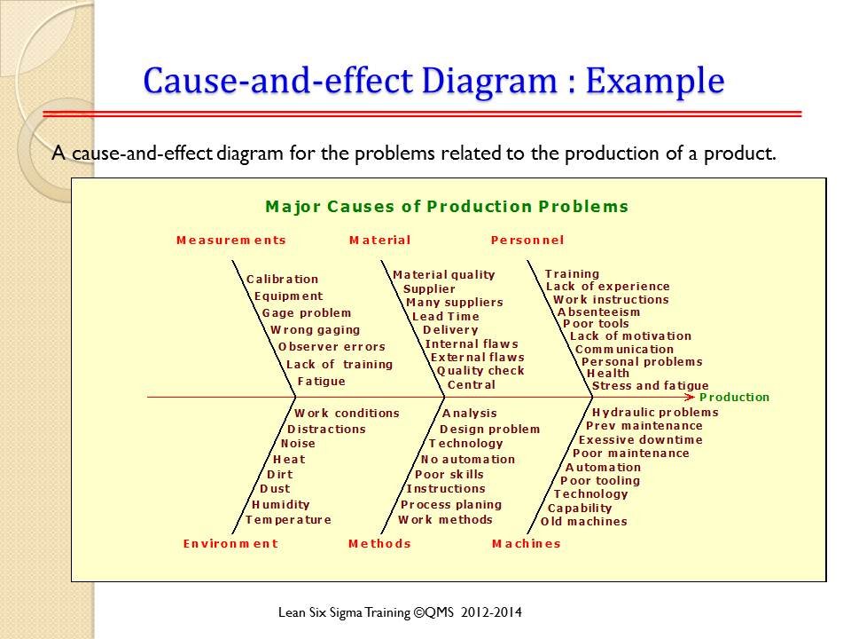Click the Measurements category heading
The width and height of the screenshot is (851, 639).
tap(231, 241)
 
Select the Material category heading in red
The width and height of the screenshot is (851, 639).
tap(380, 241)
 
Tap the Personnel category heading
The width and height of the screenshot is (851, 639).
tap(527, 241)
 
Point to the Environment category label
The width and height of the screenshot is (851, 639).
tap(230, 543)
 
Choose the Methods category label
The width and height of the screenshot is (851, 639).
tap(380, 543)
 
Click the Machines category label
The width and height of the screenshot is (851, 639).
tap(527, 543)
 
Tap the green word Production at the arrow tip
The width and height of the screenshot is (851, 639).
tap(734, 398)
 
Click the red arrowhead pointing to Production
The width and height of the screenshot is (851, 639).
tap(691, 398)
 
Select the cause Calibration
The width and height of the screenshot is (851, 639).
tap(282, 280)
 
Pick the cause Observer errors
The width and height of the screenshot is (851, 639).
tap(332, 347)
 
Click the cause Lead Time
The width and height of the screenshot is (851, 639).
tap(446, 316)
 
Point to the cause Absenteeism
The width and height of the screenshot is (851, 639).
tap(598, 312)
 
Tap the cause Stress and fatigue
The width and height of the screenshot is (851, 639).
tap(650, 386)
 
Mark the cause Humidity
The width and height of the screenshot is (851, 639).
tap(281, 505)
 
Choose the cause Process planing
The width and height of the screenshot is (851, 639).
tap(451, 505)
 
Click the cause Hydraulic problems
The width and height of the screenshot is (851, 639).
tap(655, 413)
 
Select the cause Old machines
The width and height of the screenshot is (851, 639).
tap(584, 522)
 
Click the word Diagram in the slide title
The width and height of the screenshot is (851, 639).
tap(489, 81)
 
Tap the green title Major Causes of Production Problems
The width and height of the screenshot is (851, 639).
tap(447, 207)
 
